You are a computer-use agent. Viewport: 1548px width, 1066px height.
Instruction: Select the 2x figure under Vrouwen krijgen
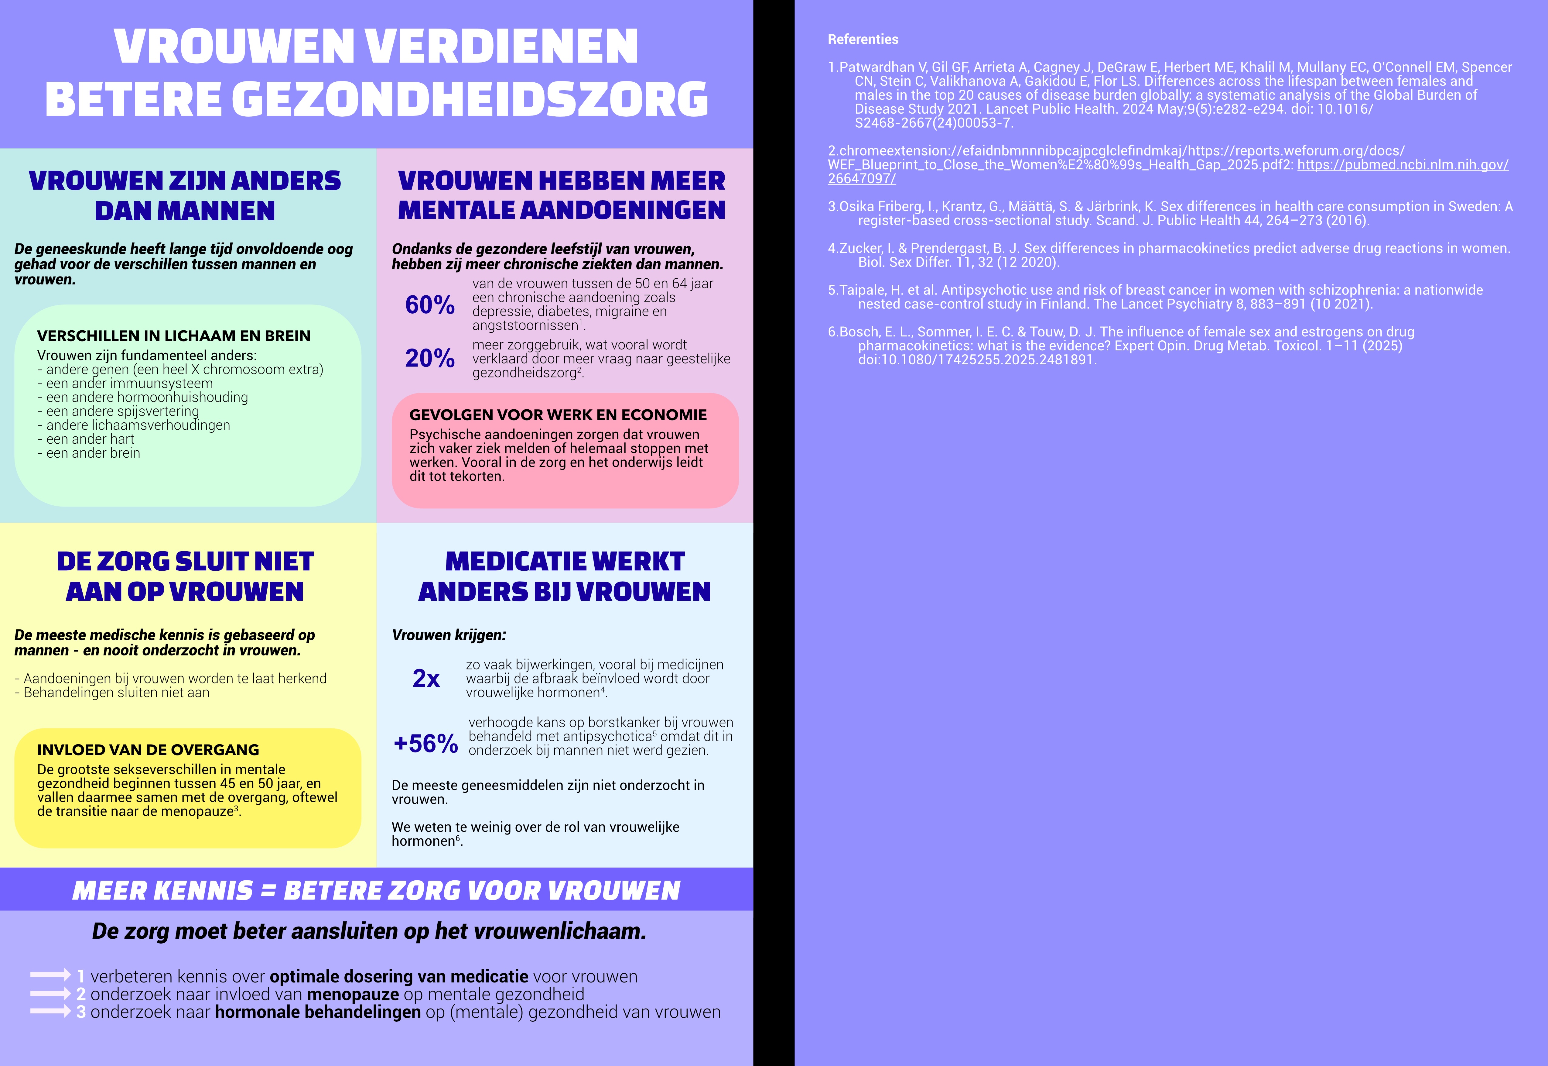pyautogui.click(x=426, y=679)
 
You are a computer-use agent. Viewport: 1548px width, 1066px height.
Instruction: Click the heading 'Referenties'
pyautogui.click(x=863, y=40)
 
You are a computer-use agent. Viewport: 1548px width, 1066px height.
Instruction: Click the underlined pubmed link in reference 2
pyautogui.click(x=1402, y=165)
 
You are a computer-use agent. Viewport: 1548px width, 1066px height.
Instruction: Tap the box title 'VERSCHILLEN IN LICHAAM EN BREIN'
pyautogui.click(x=173, y=336)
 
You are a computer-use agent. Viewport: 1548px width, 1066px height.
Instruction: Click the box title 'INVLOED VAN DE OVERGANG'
pyautogui.click(x=148, y=750)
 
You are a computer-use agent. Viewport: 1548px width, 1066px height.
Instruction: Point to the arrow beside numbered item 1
pyautogui.click(x=50, y=976)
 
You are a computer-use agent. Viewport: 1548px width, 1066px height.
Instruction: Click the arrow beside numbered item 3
pyautogui.click(x=50, y=1012)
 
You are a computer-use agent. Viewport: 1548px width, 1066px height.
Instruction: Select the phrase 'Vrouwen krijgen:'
pyautogui.click(x=449, y=635)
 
